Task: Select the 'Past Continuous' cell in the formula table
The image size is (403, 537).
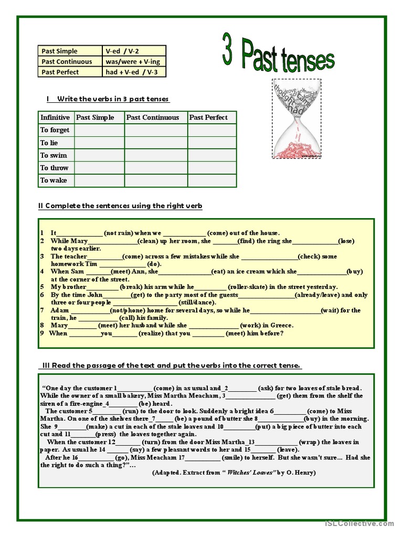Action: [70, 61]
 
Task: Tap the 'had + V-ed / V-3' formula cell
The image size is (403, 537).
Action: [134, 72]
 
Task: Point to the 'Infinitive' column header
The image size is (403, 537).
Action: [55, 117]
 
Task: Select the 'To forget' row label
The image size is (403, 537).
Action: [55, 130]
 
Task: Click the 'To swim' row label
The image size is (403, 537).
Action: [54, 155]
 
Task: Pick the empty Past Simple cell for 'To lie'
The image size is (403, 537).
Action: [99, 143]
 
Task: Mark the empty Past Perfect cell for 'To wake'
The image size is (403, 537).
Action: [211, 180]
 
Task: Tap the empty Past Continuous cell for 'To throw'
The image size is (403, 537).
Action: [156, 168]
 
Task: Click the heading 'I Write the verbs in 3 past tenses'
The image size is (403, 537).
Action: [108, 99]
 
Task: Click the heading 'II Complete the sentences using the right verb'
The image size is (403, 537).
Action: [120, 206]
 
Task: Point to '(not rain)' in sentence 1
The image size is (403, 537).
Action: [118, 233]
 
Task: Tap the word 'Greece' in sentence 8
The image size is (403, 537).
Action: [282, 325]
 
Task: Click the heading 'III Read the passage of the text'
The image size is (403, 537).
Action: [170, 365]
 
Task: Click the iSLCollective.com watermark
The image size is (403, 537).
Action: [359, 523]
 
